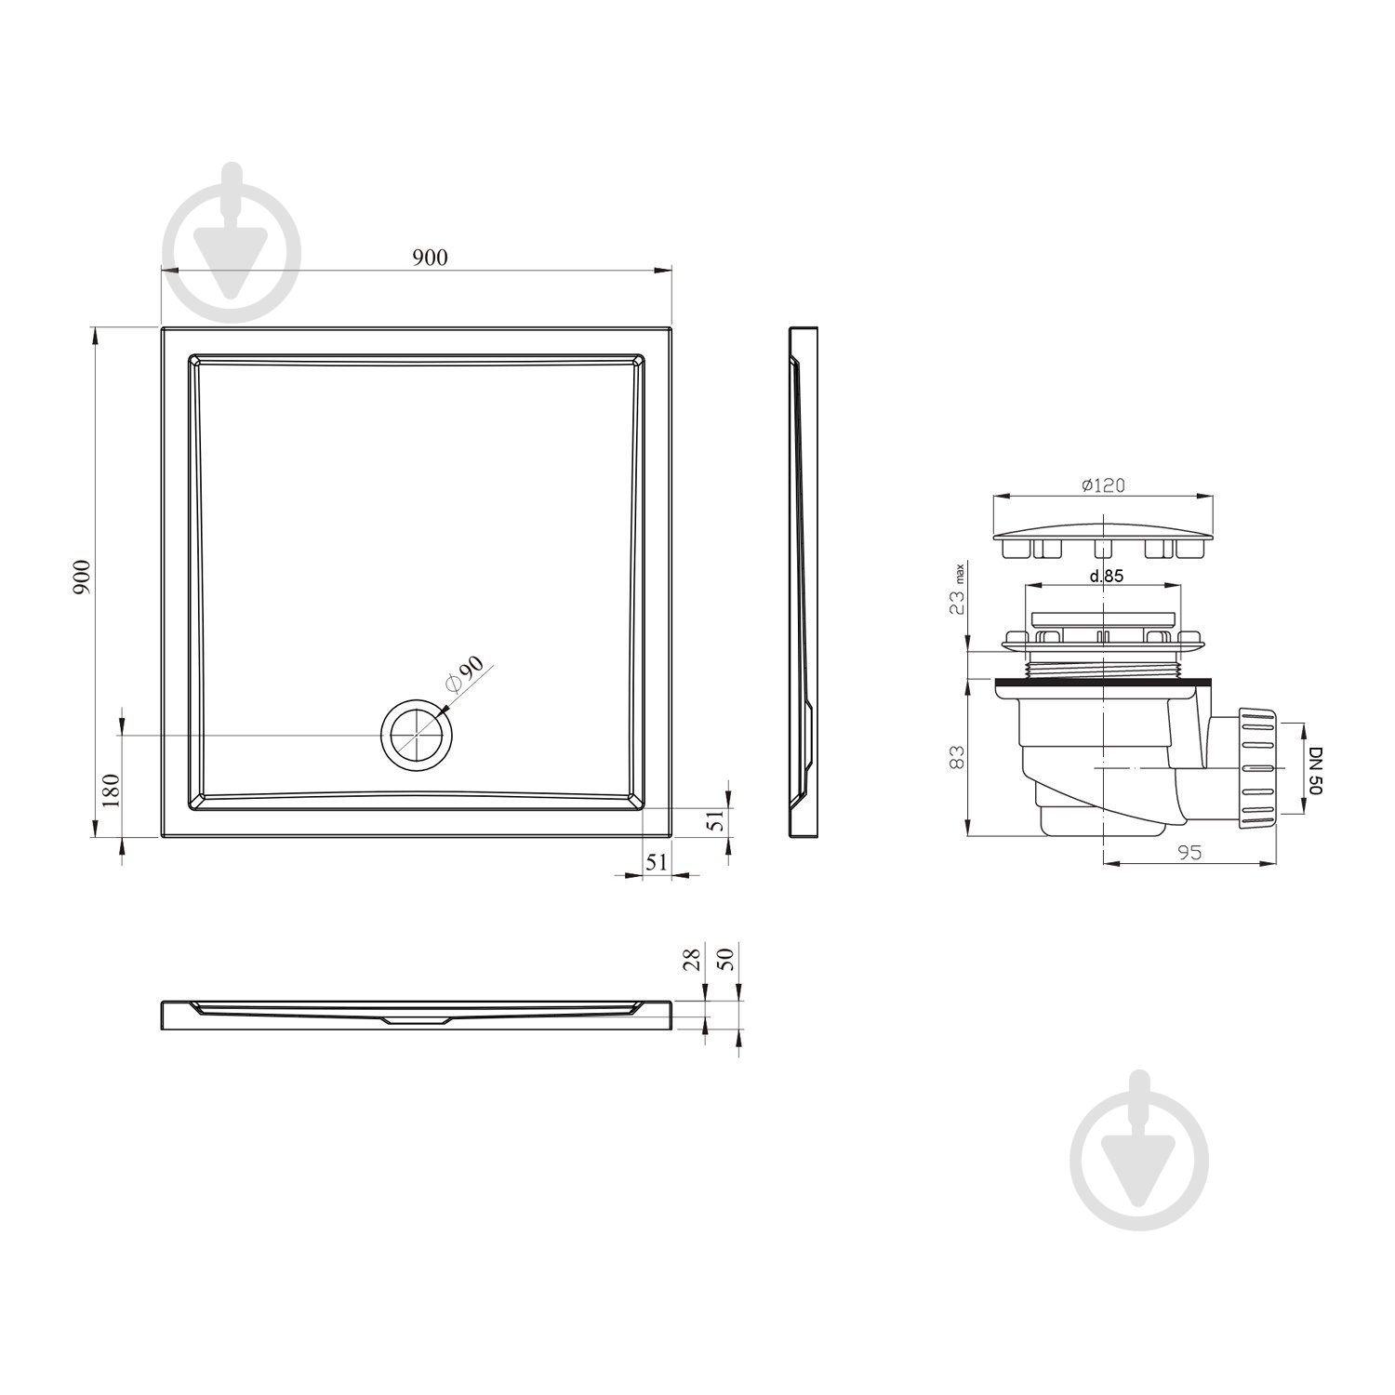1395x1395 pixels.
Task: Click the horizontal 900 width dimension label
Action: (x=430, y=258)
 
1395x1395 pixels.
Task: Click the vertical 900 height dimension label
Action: (x=82, y=578)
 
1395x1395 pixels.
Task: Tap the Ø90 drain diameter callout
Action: (x=465, y=673)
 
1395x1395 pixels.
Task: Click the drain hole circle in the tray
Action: (x=418, y=734)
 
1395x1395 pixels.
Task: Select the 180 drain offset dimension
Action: (x=110, y=790)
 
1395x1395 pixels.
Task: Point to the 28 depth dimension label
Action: (x=691, y=960)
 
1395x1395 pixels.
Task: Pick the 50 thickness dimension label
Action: (x=728, y=958)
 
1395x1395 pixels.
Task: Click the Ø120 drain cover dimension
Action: (x=1104, y=485)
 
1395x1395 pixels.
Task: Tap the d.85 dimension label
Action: (x=1107, y=576)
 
